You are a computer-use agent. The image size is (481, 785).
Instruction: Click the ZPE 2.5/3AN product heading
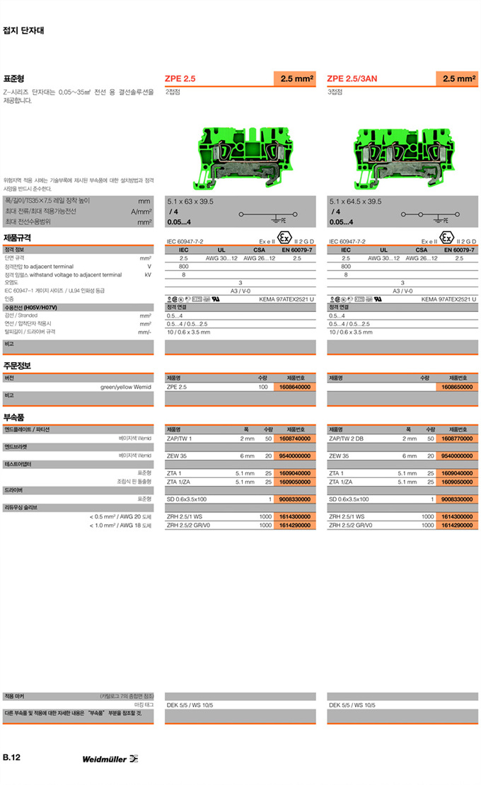pyautogui.click(x=352, y=78)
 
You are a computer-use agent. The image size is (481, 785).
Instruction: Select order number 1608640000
pyautogui.click(x=295, y=388)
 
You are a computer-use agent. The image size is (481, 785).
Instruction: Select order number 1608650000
pyautogui.click(x=458, y=388)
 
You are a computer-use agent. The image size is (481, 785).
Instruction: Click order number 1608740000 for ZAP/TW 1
pyautogui.click(x=295, y=438)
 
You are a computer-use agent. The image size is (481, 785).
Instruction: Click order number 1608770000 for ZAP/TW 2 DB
pyautogui.click(x=458, y=438)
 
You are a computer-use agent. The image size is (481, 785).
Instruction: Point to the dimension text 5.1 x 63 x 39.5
pyautogui.click(x=190, y=202)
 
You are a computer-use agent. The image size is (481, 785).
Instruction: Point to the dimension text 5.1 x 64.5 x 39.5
pyautogui.click(x=355, y=202)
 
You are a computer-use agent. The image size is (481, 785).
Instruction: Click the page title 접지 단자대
pyautogui.click(x=24, y=30)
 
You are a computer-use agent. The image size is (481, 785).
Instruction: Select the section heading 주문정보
pyautogui.click(x=17, y=366)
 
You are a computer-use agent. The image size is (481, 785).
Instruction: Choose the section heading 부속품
pyautogui.click(x=15, y=417)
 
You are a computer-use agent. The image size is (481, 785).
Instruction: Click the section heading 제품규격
pyautogui.click(x=17, y=238)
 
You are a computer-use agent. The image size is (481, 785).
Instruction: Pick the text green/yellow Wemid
pyautogui.click(x=126, y=388)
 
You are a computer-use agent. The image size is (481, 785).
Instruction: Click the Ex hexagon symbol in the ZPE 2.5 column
pyautogui.click(x=284, y=238)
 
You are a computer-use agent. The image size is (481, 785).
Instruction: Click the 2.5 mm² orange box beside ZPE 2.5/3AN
pyautogui.click(x=456, y=78)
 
